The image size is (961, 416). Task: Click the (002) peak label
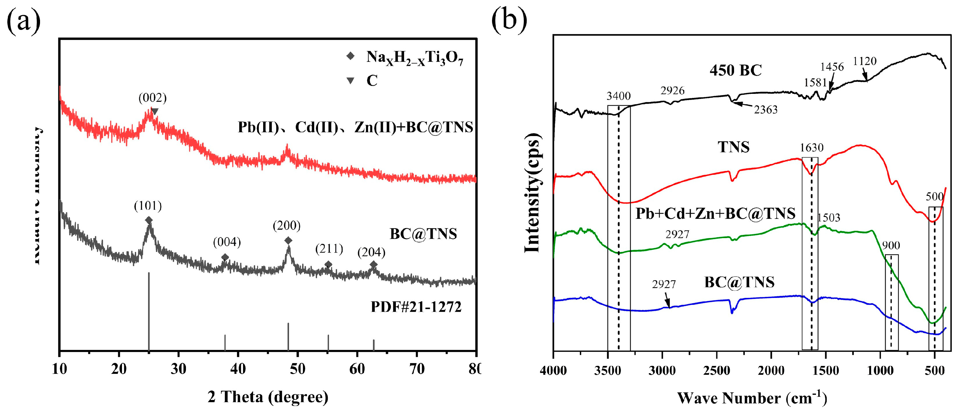coord(152,98)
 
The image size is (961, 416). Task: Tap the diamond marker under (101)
coord(148,220)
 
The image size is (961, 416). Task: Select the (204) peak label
coord(371,253)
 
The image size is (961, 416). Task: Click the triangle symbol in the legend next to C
coord(350,81)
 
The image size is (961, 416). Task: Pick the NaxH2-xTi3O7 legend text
coord(414,58)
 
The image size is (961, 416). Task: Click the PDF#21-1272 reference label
coord(416,307)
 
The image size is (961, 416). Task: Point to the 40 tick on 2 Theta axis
coord(238,369)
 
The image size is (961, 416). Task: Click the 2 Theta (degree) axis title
coord(268,397)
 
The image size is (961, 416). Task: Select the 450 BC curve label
coord(735,71)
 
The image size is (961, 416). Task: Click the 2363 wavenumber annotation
coord(766,110)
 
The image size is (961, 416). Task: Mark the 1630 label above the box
coord(811,148)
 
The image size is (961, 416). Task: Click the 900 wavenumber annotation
coord(891,245)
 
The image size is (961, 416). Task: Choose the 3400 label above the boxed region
coord(618,96)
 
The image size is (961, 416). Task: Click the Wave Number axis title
coord(752,398)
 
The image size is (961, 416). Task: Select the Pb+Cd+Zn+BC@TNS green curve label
coord(715,214)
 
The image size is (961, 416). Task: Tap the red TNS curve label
coord(733,147)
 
